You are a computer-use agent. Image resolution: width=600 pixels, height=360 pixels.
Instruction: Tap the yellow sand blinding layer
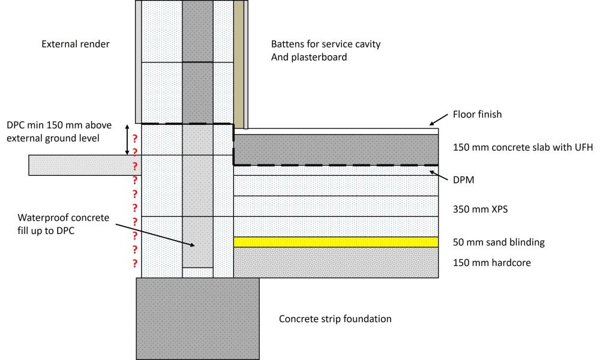(335, 242)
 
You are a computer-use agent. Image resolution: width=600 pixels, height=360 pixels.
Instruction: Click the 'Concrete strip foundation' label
(335, 319)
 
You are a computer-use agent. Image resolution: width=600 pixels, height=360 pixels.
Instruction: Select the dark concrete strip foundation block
(197, 318)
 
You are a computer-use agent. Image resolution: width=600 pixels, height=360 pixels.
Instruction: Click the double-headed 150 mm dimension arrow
(127, 140)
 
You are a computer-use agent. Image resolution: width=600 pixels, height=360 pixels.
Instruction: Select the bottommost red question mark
(135, 263)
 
